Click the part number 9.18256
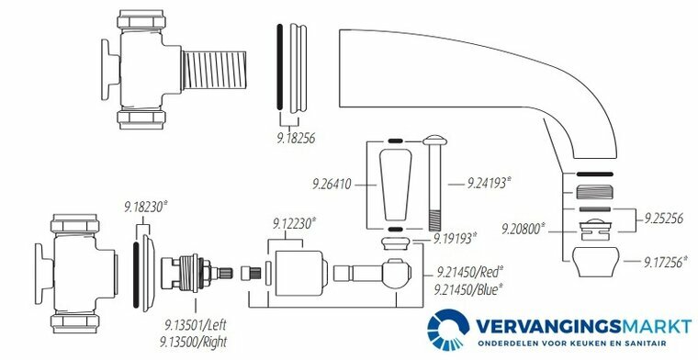[295, 139]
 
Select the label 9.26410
[332, 184]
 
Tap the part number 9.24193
[488, 183]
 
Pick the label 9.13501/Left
[194, 325]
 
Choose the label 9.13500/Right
[193, 342]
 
